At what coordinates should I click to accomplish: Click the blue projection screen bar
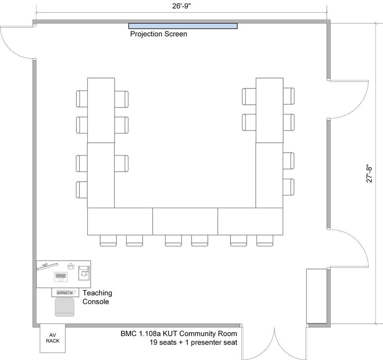[183, 26]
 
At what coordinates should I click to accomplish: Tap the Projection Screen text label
[158, 34]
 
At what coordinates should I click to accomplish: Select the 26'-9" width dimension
[181, 6]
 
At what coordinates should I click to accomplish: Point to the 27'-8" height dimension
[370, 174]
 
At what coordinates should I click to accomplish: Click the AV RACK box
[53, 338]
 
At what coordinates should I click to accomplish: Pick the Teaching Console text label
[97, 297]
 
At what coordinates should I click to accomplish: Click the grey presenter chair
[65, 307]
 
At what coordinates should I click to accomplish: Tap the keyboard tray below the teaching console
[65, 292]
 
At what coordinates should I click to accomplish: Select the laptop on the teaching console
[61, 276]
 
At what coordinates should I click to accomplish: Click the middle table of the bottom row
[185, 221]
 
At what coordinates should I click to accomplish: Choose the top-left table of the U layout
[101, 110]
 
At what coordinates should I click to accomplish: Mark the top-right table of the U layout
[269, 110]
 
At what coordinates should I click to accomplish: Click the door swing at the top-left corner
[16, 41]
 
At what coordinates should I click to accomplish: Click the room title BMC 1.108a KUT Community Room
[179, 334]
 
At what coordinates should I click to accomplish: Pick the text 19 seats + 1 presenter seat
[193, 342]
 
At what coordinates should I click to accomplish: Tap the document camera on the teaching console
[84, 273]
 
